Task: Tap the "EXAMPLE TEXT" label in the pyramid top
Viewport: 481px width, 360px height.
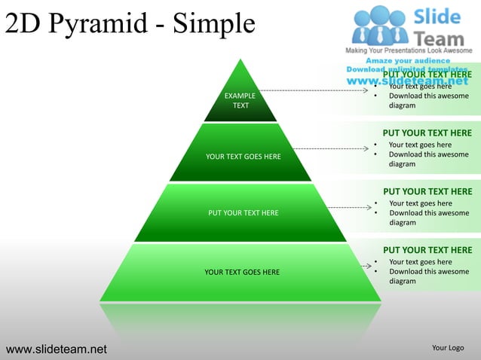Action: click(x=240, y=101)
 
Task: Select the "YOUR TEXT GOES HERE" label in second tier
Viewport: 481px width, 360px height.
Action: click(x=243, y=157)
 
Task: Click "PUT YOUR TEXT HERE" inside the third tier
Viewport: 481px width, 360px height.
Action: click(x=243, y=213)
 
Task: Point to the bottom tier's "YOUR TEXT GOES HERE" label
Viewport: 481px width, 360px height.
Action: click(x=242, y=272)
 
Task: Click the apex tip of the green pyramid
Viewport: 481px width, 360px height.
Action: click(x=240, y=59)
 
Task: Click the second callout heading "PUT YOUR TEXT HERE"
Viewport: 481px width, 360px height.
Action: click(x=427, y=133)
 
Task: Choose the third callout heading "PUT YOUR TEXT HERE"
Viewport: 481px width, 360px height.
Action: click(x=427, y=192)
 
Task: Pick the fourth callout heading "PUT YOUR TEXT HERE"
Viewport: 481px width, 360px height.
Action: click(x=427, y=250)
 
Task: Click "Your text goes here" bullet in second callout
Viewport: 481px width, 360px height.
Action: click(x=420, y=145)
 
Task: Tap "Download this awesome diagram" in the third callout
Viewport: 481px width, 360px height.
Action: click(x=428, y=218)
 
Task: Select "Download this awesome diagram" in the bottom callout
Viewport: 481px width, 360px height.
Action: click(x=428, y=276)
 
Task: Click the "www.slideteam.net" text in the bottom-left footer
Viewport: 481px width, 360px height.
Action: click(x=57, y=349)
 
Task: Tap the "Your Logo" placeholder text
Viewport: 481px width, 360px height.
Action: click(x=448, y=348)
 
